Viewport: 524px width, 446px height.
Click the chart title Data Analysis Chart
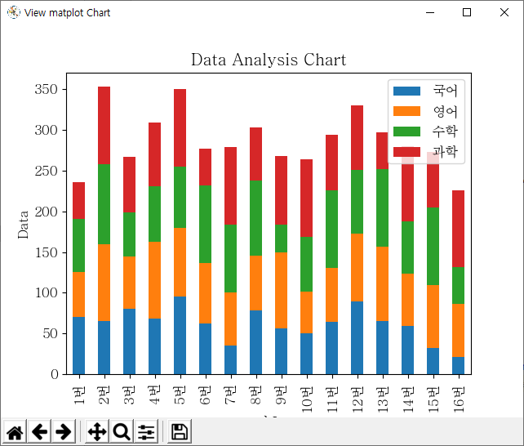click(268, 60)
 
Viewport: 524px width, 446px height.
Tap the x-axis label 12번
click(357, 395)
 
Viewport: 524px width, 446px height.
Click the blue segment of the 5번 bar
click(180, 335)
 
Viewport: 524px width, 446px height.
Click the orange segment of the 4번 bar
click(154, 280)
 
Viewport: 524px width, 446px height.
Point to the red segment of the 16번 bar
click(458, 229)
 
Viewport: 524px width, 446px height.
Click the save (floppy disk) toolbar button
click(180, 432)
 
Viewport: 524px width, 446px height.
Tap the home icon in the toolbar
click(16, 432)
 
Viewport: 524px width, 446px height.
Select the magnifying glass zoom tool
click(122, 432)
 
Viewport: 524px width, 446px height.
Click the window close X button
click(504, 12)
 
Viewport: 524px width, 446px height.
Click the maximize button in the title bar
click(467, 12)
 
